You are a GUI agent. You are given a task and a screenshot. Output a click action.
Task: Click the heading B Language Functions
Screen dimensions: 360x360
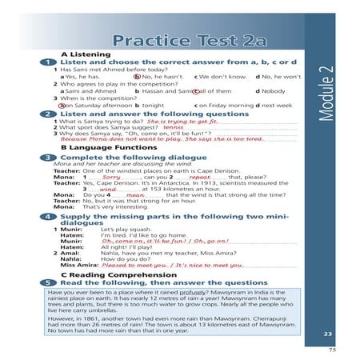tap(102, 148)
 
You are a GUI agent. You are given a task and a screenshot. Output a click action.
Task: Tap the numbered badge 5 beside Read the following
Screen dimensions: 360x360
tap(50, 283)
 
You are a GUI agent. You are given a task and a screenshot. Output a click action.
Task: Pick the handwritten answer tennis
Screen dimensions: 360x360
tap(173, 127)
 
